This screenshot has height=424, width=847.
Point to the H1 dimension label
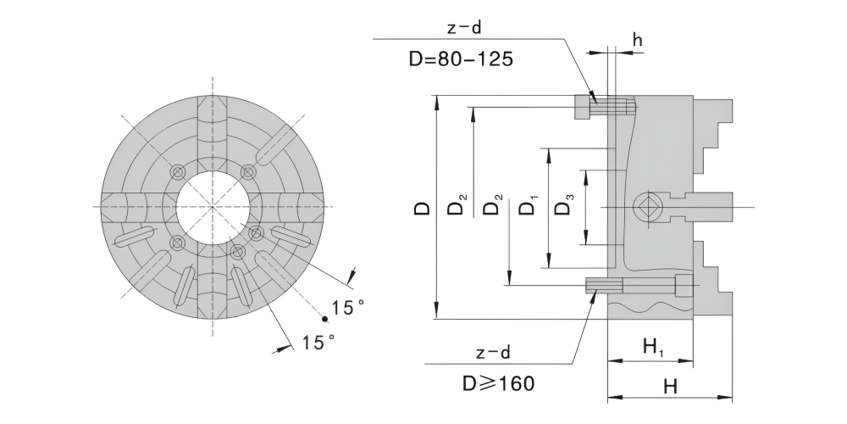coord(651,346)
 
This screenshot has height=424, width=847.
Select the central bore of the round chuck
coord(213,207)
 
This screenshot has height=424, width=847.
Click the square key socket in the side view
coord(649,206)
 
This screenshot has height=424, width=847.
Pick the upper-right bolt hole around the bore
coord(247,171)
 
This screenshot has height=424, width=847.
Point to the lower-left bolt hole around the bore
coord(176,243)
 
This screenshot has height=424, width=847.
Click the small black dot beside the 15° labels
coord(324,319)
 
